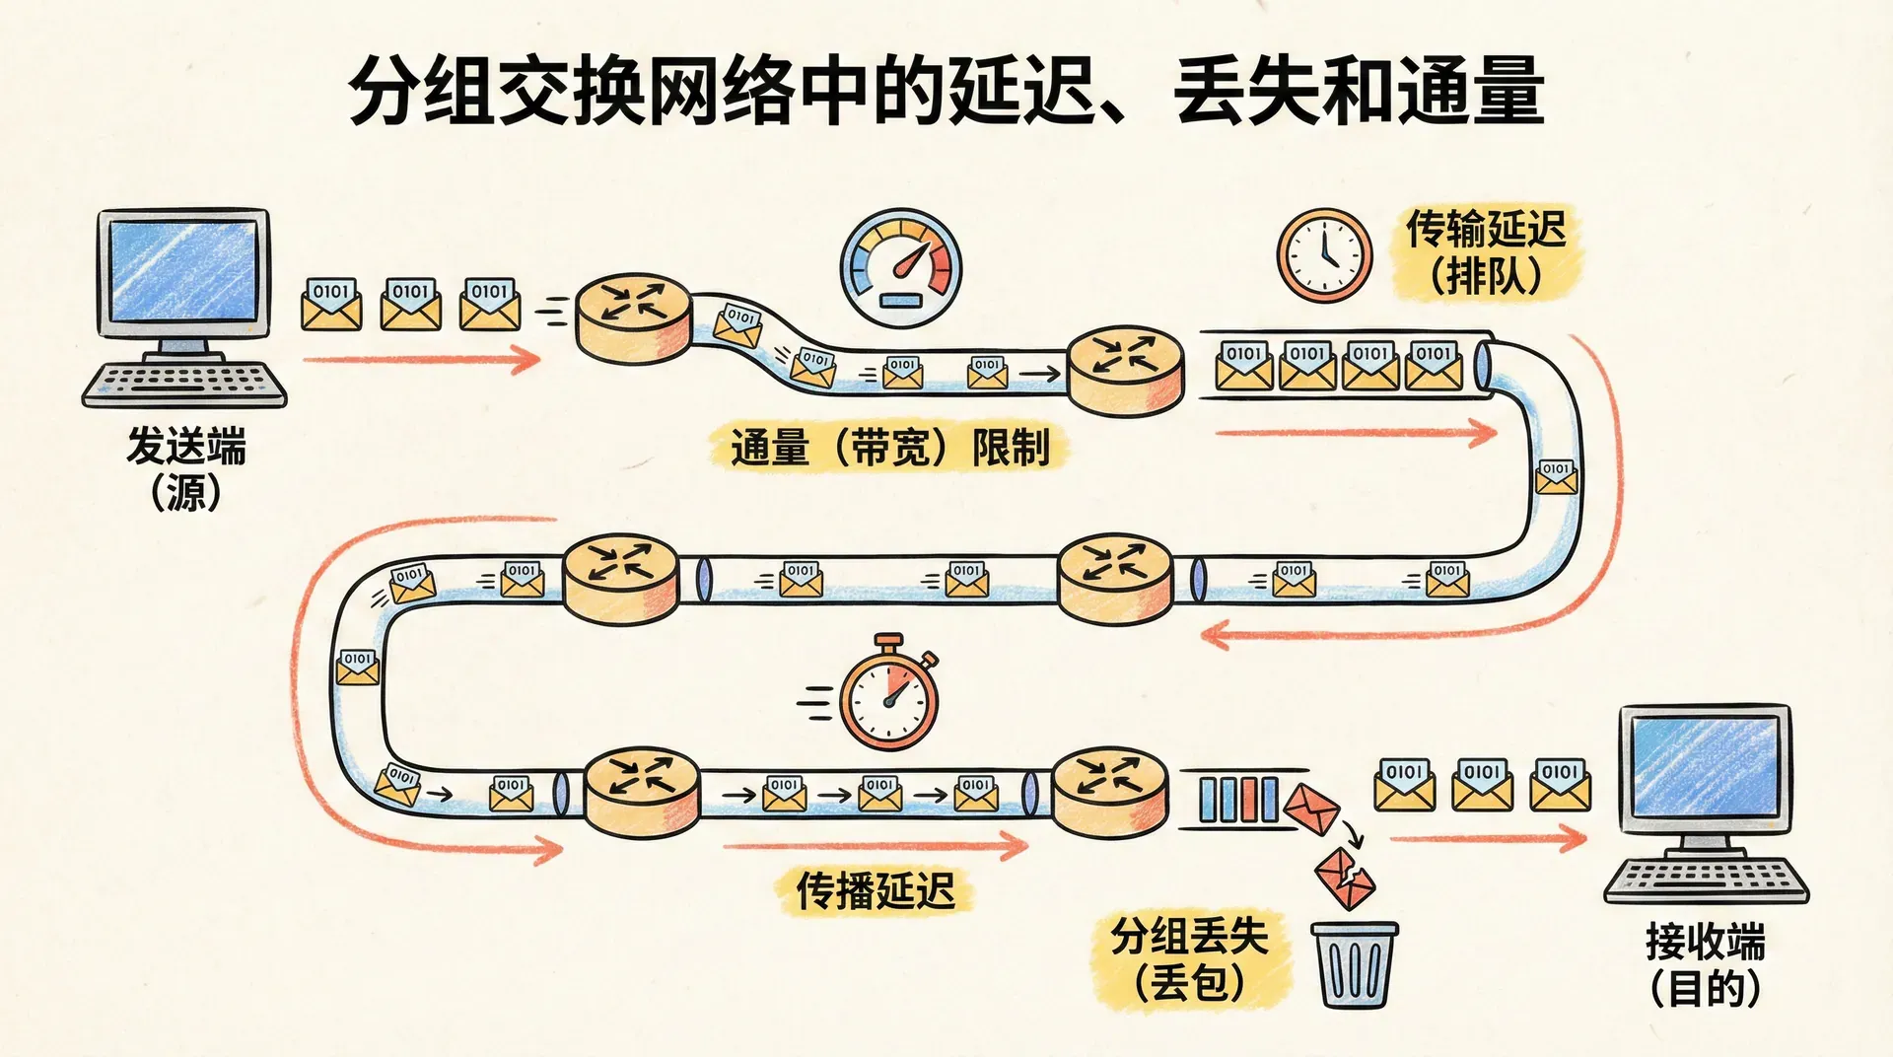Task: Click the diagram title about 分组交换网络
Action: (946, 91)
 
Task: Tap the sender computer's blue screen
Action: (183, 270)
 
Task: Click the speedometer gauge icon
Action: (901, 267)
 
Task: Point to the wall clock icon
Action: (1324, 254)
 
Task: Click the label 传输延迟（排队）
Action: (1486, 252)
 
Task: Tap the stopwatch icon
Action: (889, 696)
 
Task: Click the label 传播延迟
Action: (876, 890)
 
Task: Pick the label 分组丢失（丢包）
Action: (1189, 959)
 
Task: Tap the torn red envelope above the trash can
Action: (1344, 878)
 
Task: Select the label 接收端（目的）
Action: (1705, 964)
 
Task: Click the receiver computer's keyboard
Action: (1707, 878)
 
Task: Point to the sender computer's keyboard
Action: (184, 384)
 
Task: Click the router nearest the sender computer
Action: (633, 317)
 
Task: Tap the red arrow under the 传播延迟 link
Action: (876, 845)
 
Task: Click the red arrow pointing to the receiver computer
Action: (1488, 839)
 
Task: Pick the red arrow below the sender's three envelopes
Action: (422, 359)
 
